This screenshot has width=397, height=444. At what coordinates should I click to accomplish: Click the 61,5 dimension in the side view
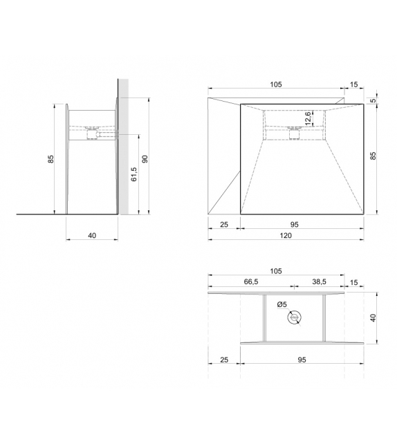(x=133, y=174)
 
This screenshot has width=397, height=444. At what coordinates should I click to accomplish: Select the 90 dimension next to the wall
(x=145, y=158)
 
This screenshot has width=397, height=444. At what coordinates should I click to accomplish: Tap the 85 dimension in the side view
(x=50, y=159)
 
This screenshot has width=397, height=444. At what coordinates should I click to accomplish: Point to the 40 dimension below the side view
(x=92, y=236)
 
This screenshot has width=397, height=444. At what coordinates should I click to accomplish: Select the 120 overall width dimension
(x=286, y=235)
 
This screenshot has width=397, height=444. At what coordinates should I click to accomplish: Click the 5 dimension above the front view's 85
(x=373, y=100)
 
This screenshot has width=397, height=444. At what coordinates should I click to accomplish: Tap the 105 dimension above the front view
(x=276, y=85)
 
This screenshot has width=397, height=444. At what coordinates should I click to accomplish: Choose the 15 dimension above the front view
(x=354, y=85)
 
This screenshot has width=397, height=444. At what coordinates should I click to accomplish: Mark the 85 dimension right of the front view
(x=373, y=156)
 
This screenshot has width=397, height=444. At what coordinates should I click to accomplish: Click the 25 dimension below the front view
(x=223, y=225)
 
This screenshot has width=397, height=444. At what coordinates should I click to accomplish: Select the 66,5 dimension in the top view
(x=251, y=281)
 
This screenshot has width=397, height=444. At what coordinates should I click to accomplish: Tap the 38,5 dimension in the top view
(x=319, y=281)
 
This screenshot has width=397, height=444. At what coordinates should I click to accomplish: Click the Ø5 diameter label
(x=281, y=304)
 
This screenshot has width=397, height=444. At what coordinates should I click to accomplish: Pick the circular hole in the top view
(x=295, y=317)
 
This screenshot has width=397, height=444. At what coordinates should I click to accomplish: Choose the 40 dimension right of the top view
(x=373, y=317)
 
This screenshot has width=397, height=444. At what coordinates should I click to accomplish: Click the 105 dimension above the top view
(x=276, y=272)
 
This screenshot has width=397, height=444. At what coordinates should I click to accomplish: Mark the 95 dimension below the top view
(x=302, y=360)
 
